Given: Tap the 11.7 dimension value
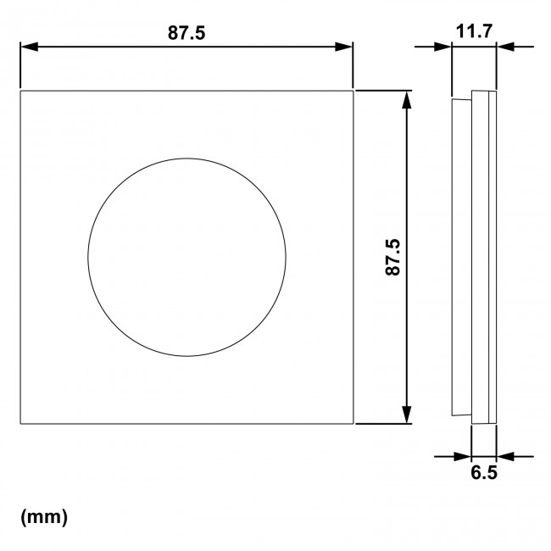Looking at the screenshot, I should (x=474, y=32).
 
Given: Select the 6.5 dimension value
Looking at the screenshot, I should (x=483, y=473).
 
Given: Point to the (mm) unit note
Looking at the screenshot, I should (x=42, y=515).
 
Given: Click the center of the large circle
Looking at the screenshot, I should (x=186, y=255).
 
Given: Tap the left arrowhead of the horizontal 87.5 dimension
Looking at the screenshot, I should (x=25, y=47).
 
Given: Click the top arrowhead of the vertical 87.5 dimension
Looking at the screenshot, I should (x=409, y=97).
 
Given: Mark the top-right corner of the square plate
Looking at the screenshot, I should (x=353, y=89).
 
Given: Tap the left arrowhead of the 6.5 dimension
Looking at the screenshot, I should (x=464, y=455).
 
